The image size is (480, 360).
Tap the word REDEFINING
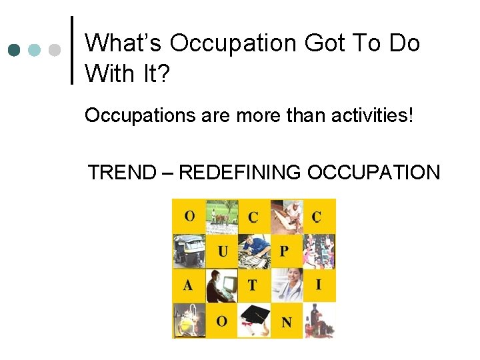[x=241, y=173]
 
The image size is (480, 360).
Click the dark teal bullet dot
[x=15, y=50]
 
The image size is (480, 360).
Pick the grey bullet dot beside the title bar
[x=55, y=50]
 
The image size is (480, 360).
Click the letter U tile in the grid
[x=222, y=251]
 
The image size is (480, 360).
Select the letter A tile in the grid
[x=189, y=285]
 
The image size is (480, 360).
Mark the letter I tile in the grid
[x=319, y=285]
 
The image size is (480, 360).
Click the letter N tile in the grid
[x=287, y=321]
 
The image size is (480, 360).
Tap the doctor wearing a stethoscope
[x=287, y=285]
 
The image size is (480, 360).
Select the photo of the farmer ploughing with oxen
[x=222, y=216]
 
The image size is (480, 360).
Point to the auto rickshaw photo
[x=189, y=251]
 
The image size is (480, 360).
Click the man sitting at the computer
[x=222, y=285]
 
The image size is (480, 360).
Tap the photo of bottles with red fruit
[x=319, y=321]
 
